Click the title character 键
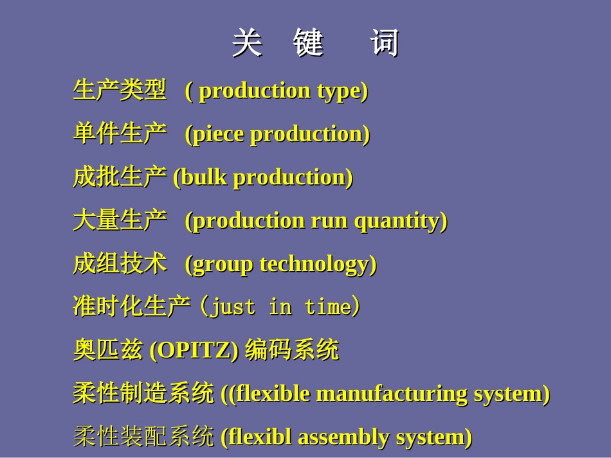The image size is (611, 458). [308, 42]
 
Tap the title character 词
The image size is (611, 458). [385, 42]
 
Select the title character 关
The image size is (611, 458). [247, 42]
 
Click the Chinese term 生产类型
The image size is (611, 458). [120, 90]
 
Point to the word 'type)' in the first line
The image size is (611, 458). [343, 92]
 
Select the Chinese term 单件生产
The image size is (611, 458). [120, 133]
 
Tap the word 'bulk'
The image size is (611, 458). [204, 177]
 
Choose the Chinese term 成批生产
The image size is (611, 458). [120, 177]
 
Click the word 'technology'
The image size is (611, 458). [315, 265]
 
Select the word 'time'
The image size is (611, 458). [329, 306]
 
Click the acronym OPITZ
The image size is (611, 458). [194, 350]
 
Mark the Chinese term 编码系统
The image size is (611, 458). [292, 349]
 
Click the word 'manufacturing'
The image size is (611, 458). [392, 394]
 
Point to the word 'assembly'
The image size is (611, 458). [343, 437]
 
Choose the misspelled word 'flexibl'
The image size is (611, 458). [260, 437]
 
